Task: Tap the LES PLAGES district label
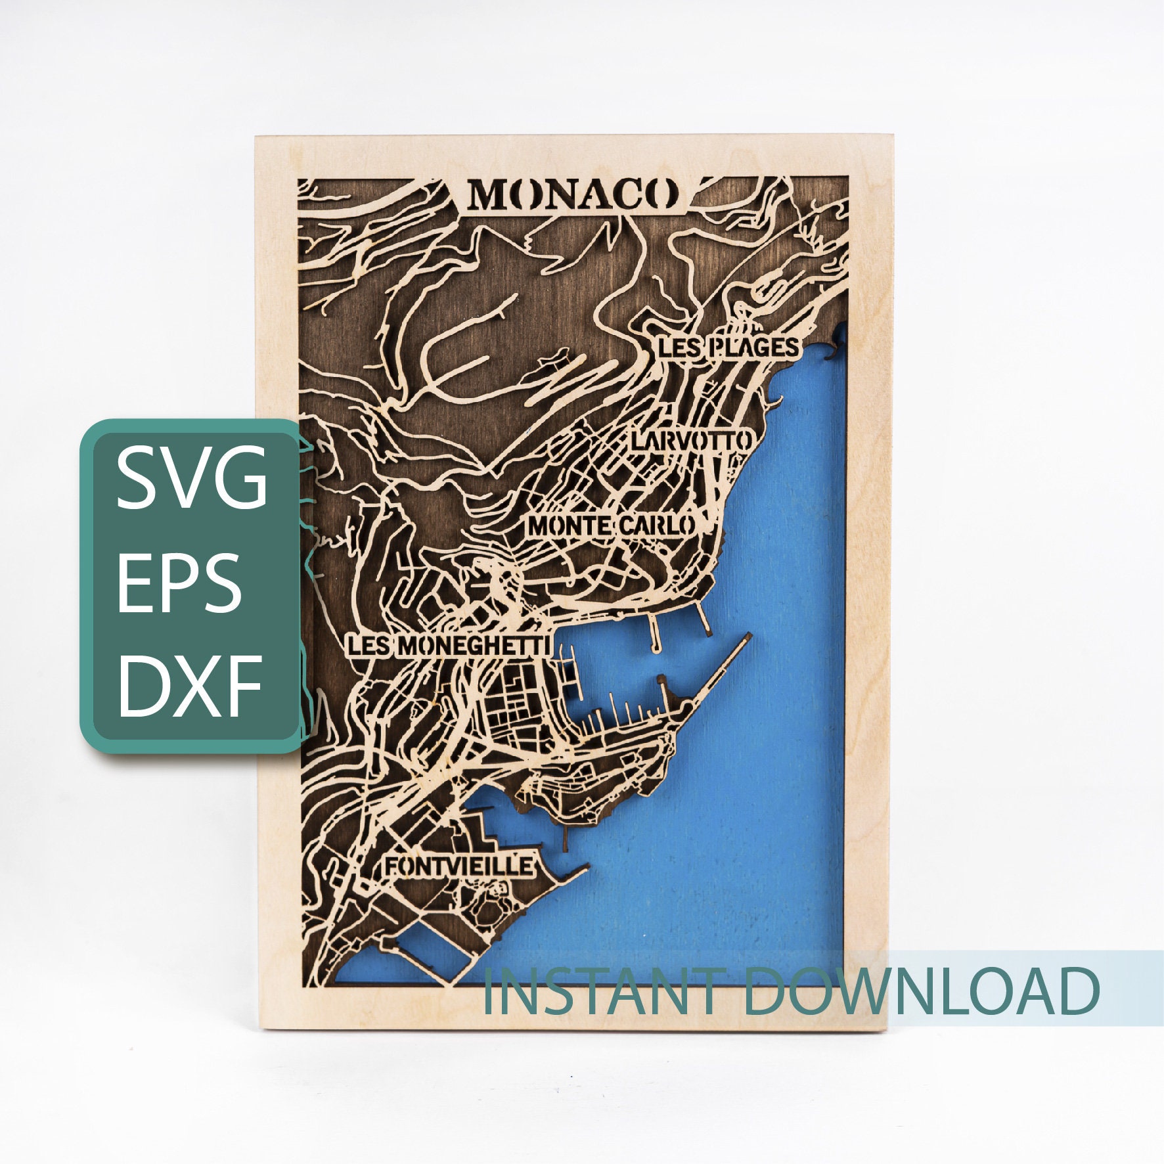point(728,347)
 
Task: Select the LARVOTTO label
point(690,440)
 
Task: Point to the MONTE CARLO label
point(611,526)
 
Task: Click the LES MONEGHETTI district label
point(448,646)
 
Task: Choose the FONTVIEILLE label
point(458,866)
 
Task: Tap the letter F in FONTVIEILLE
point(392,866)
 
